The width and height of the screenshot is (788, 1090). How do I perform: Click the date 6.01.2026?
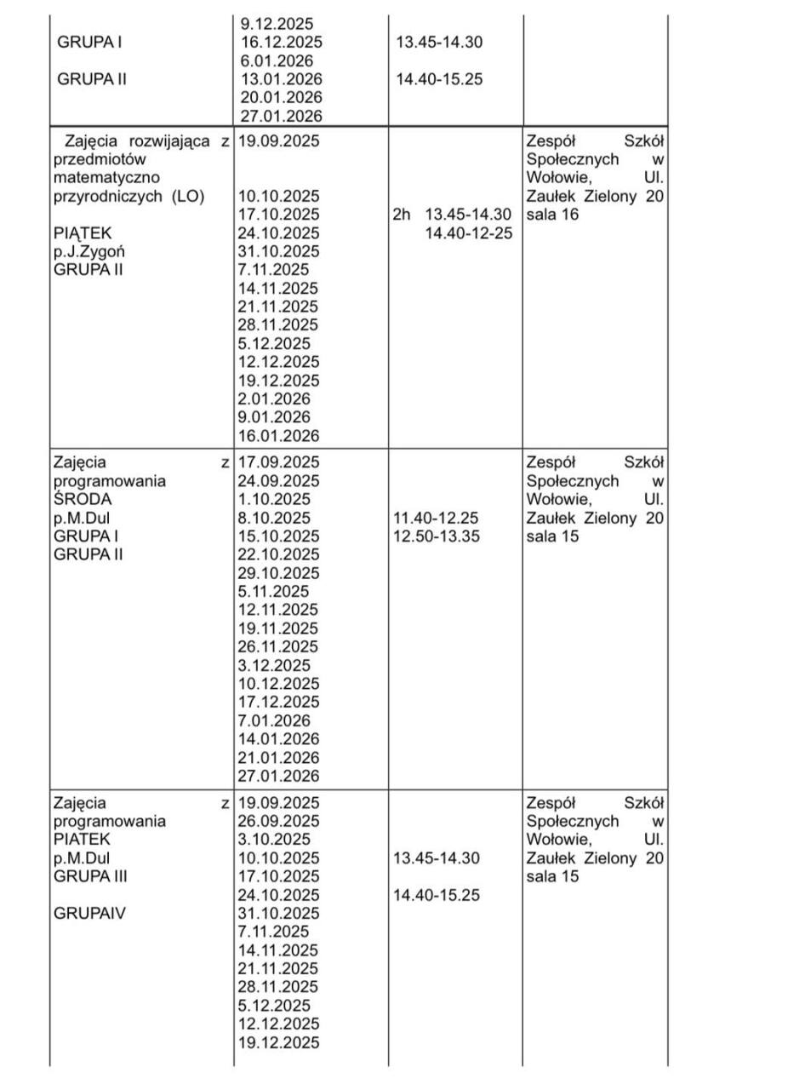(277, 60)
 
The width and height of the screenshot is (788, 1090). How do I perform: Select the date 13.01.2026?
(280, 79)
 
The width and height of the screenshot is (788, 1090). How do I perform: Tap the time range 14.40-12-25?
(469, 233)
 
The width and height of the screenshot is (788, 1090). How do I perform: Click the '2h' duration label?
(401, 215)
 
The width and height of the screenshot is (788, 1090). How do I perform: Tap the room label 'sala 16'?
(552, 215)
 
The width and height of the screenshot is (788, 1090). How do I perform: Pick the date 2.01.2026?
(274, 399)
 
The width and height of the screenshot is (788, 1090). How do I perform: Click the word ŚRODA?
(82, 499)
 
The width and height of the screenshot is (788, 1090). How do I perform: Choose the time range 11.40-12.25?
(437, 518)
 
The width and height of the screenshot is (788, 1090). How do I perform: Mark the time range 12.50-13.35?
(437, 536)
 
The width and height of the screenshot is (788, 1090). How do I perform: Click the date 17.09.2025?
(279, 462)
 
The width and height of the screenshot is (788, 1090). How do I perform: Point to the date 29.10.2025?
(279, 573)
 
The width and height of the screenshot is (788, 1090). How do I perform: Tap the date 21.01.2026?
(279, 758)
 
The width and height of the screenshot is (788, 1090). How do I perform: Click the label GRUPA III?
(90, 876)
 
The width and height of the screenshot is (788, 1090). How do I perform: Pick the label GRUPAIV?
(85, 913)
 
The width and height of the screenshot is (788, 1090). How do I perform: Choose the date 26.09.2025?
(279, 821)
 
